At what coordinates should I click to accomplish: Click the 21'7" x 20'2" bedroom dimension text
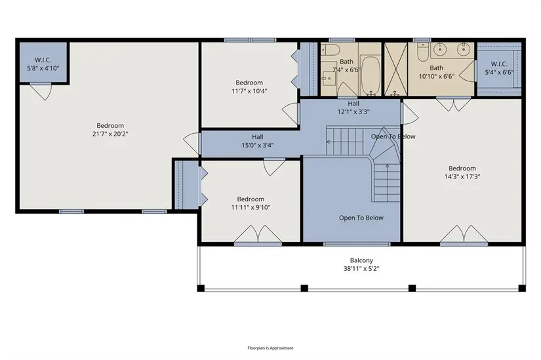tap(110, 134)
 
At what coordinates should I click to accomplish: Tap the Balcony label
tap(361, 260)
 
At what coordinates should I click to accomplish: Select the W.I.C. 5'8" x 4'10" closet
tap(43, 62)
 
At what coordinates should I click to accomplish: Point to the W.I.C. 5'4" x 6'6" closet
tap(499, 68)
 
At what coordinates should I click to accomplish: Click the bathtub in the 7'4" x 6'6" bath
tap(371, 75)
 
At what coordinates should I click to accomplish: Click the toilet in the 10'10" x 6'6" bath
tap(422, 51)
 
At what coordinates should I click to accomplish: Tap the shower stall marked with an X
tap(395, 69)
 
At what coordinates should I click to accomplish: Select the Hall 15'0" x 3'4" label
tap(258, 141)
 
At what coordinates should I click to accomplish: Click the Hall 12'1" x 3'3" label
tap(353, 108)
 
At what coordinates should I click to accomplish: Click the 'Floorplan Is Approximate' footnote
tap(270, 348)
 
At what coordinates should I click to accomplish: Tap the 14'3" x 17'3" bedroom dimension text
tap(462, 176)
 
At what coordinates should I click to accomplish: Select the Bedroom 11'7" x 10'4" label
tap(249, 87)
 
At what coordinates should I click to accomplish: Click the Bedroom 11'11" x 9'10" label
tap(250, 203)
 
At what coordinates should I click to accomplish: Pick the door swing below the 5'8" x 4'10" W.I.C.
tap(41, 91)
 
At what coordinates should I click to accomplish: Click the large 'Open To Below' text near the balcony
tap(361, 218)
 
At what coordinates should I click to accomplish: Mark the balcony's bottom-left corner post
tap(201, 289)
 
